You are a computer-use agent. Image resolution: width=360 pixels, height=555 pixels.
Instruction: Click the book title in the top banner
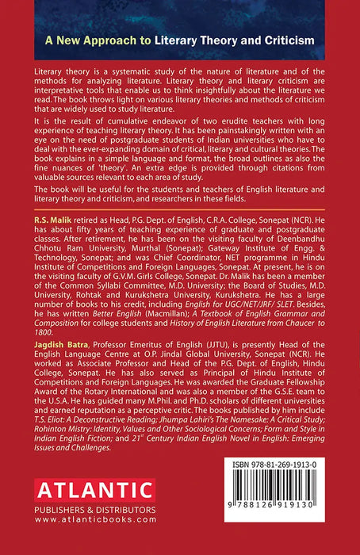click(x=180, y=39)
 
